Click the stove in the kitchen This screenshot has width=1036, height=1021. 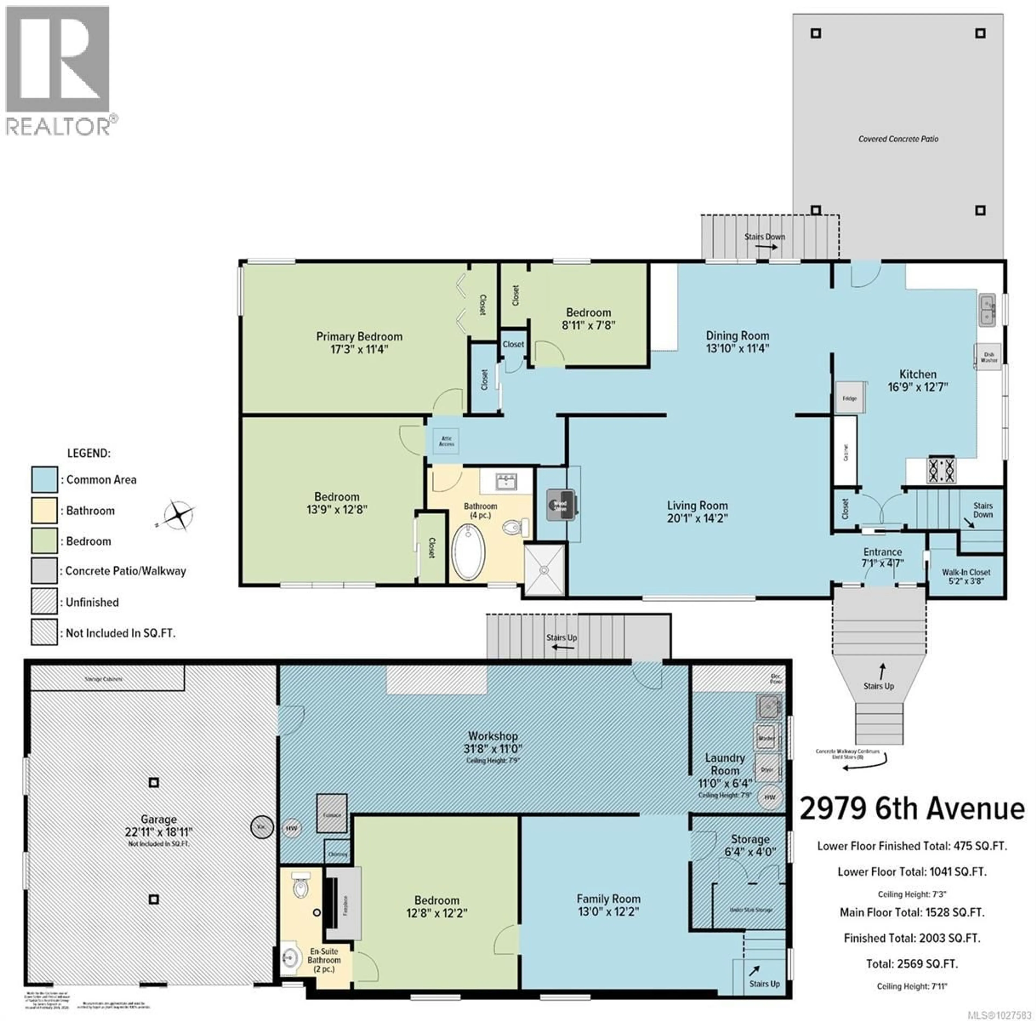click(x=942, y=470)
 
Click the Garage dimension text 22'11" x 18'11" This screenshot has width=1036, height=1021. click(x=159, y=832)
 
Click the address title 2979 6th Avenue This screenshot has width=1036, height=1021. click(x=912, y=809)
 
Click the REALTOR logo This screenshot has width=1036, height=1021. click(x=59, y=70)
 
